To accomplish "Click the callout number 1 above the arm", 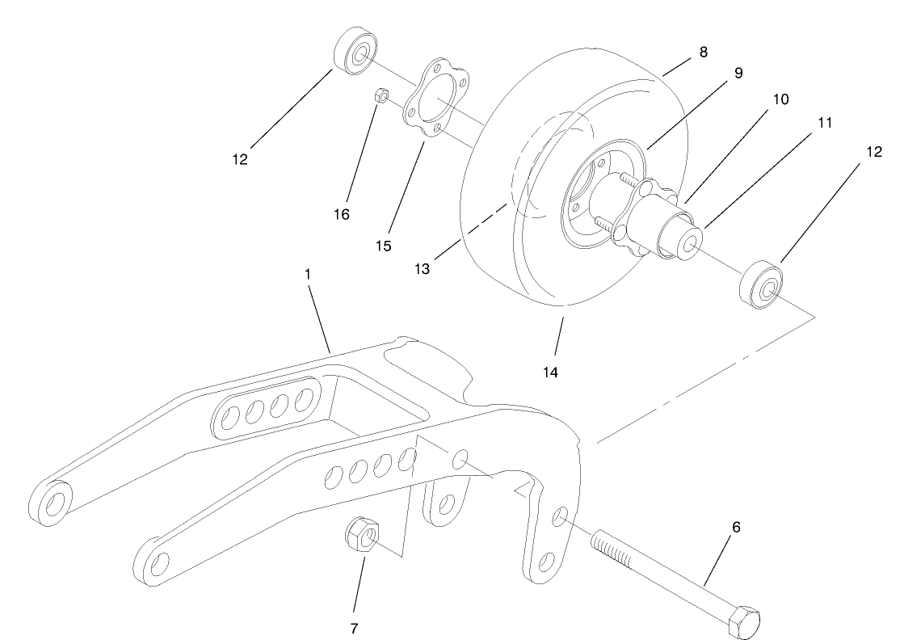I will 308,274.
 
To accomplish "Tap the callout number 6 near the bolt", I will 736,527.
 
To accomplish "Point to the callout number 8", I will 703,52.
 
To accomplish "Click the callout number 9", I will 738,73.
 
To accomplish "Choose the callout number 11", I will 823,123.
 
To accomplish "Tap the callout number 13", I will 423,267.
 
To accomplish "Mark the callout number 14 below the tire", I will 551,373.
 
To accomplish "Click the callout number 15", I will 383,245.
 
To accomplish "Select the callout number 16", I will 342,213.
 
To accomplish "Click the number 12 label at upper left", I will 241,159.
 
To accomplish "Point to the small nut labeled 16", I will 382,95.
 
